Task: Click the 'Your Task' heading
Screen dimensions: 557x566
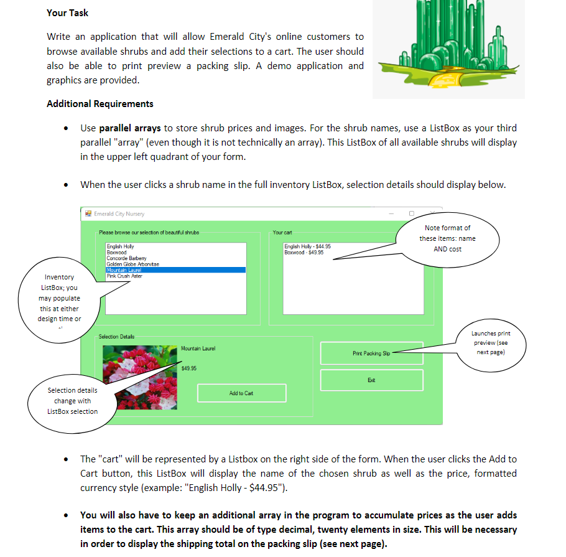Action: coord(67,12)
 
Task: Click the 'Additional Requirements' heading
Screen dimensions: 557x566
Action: coord(100,103)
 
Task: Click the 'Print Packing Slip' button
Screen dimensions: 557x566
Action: coord(371,353)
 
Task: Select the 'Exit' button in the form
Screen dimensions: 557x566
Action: coord(371,380)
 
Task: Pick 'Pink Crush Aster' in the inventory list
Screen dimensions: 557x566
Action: coord(124,276)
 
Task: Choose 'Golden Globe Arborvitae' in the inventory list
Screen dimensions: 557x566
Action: coord(133,264)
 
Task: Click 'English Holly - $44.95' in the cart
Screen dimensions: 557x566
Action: coord(307,246)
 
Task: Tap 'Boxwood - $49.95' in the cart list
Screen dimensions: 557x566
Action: coord(304,252)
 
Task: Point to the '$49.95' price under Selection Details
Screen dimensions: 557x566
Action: coord(188,368)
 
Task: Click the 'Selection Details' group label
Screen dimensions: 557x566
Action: coord(116,337)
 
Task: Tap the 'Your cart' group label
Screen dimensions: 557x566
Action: coord(282,233)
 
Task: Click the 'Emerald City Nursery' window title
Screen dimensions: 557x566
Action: coord(119,213)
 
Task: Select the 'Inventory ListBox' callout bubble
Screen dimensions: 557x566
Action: coord(59,298)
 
